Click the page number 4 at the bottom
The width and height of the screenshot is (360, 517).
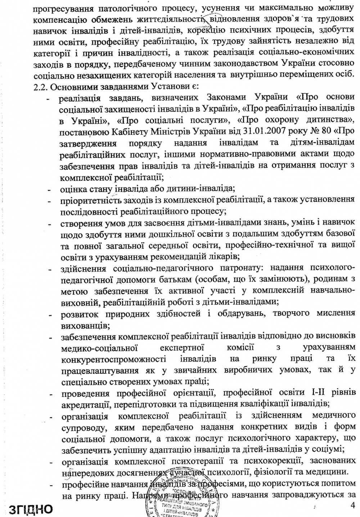[x=352, y=505]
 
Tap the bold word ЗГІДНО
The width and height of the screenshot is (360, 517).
[x=29, y=509]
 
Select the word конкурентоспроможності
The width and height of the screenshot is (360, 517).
[x=114, y=359]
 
